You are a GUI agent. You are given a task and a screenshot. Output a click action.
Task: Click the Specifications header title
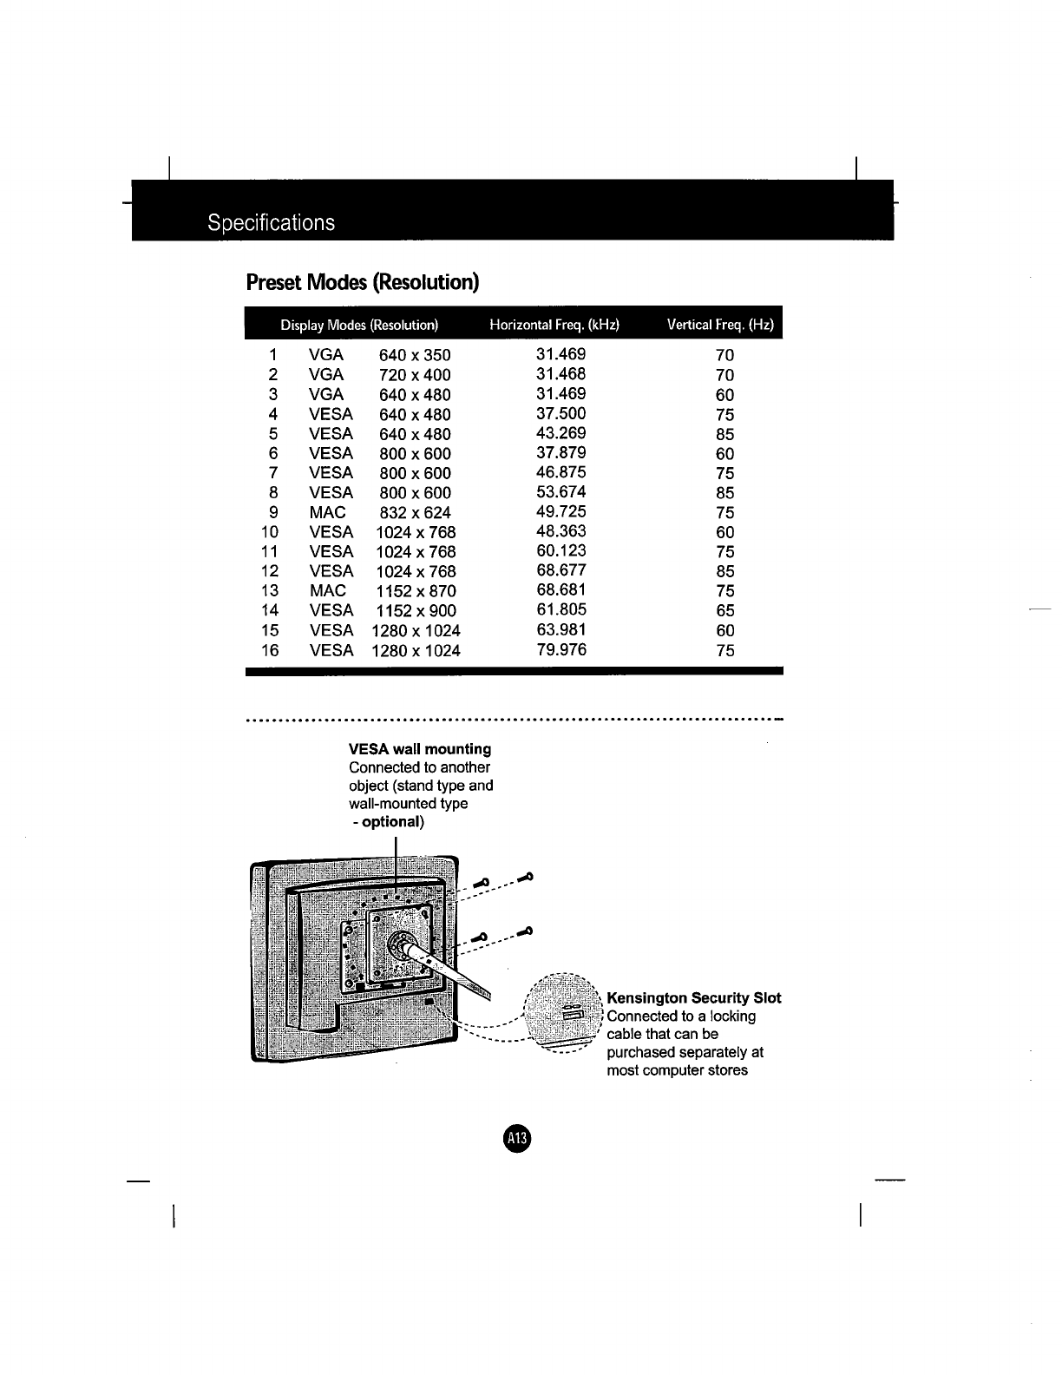point(271,223)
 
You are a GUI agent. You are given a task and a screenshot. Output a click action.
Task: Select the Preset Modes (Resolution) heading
point(363,283)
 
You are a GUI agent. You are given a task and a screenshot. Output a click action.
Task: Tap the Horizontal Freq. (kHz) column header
point(554,325)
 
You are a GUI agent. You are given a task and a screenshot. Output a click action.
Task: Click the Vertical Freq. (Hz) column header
point(719,325)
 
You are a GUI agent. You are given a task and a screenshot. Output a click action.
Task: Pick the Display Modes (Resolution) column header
point(358,326)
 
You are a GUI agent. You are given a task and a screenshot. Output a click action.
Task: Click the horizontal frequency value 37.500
point(561,414)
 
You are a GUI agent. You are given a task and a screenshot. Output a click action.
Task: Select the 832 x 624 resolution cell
point(416,513)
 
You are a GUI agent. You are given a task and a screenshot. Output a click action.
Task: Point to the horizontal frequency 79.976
point(561,650)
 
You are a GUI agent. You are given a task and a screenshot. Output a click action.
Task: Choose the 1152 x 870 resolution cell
point(416,591)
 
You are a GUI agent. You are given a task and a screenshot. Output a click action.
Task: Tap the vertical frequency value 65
point(725,611)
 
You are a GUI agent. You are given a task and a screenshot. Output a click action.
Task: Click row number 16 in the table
point(270,651)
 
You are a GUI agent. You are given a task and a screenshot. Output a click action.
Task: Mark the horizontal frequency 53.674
point(561,492)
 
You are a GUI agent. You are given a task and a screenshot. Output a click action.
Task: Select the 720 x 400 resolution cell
point(415,375)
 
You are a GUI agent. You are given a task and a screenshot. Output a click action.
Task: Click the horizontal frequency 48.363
point(561,531)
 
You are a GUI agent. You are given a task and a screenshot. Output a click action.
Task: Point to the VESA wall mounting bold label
point(420,749)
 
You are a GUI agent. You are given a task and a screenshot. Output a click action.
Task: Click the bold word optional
point(391,821)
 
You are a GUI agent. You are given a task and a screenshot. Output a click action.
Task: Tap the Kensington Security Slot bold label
point(694,998)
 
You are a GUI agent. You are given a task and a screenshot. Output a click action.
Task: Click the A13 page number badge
point(517,1138)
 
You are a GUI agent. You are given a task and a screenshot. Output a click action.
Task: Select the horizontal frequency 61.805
point(561,610)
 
